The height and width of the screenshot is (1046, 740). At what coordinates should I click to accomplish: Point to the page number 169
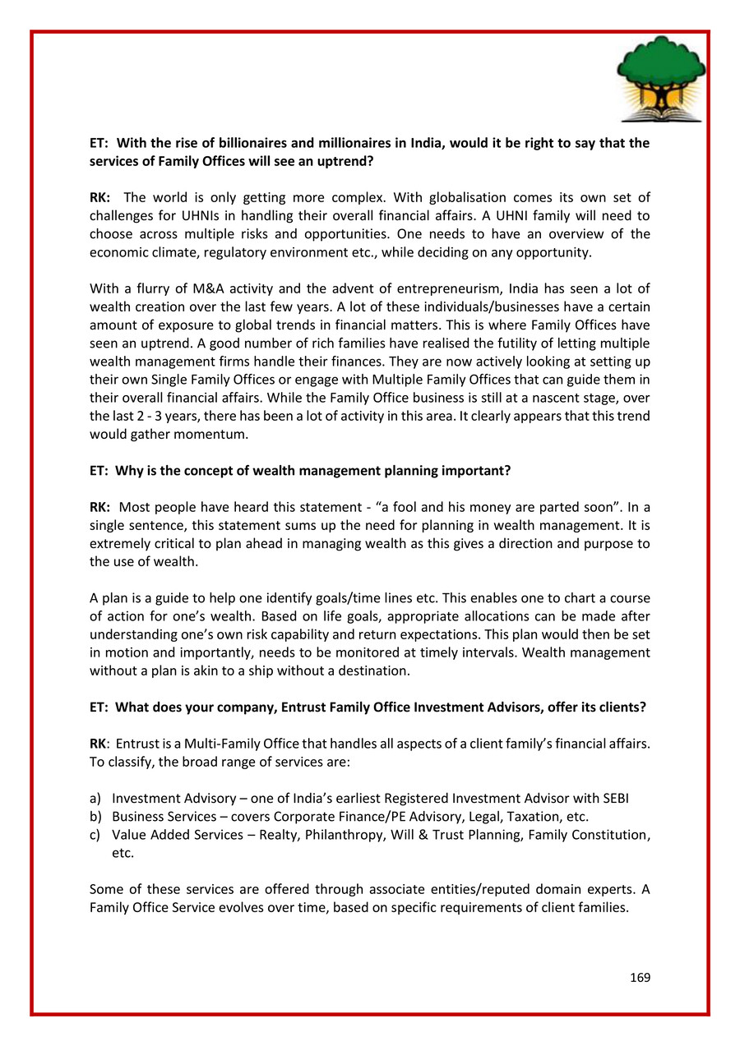pos(640,977)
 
